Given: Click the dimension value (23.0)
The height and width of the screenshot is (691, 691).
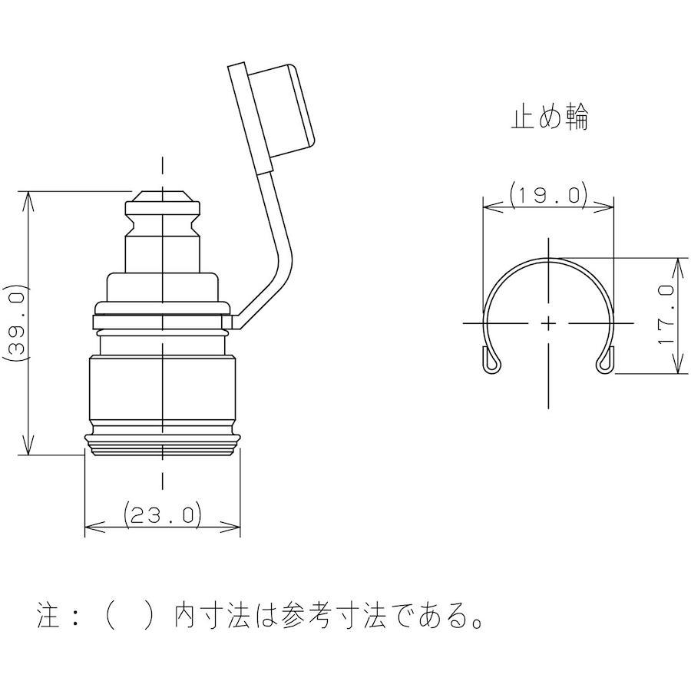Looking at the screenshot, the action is point(163,514).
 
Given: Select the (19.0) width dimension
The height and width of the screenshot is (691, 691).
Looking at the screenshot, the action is point(548,195).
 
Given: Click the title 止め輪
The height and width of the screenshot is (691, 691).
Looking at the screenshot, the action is point(550,117).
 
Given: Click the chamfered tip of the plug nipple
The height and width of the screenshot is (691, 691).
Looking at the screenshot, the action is point(163,196).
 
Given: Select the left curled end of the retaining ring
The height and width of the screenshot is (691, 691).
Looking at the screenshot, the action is point(492,359).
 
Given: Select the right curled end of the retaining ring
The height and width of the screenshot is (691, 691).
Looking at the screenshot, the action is point(605,359).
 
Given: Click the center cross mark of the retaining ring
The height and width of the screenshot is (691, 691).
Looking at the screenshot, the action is point(548,323).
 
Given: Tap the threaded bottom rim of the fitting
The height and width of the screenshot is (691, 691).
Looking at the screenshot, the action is point(163,445).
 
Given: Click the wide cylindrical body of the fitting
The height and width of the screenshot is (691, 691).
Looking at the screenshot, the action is point(163,390).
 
